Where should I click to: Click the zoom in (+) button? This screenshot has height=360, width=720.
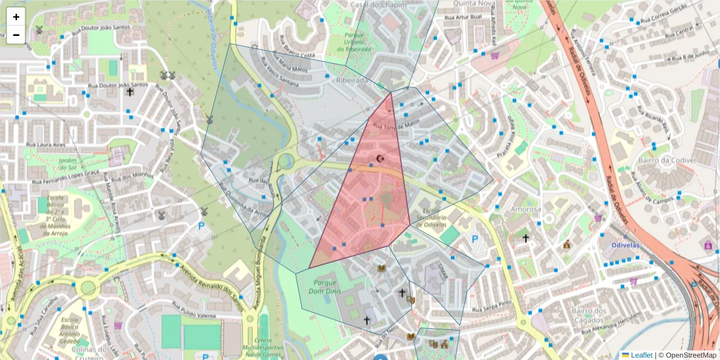pyautogui.click(x=16, y=17)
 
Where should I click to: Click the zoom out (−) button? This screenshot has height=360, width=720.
pyautogui.click(x=16, y=34)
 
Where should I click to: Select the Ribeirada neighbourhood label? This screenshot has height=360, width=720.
pyautogui.click(x=352, y=80)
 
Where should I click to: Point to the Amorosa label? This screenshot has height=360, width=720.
pyautogui.click(x=525, y=209)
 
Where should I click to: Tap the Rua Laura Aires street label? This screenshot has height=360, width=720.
pyautogui.click(x=45, y=145)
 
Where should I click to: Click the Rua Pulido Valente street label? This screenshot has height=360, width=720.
pyautogui.click(x=194, y=315)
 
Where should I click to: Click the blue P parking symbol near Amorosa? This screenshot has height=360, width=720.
pyautogui.click(x=475, y=239)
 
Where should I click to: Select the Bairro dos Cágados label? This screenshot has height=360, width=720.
pyautogui.click(x=589, y=314)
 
